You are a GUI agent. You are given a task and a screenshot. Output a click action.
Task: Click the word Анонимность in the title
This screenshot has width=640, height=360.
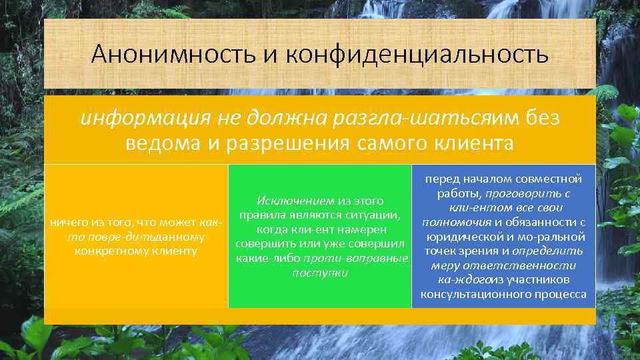(173, 53)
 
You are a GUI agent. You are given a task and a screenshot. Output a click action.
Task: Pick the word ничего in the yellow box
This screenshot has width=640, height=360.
(63, 222)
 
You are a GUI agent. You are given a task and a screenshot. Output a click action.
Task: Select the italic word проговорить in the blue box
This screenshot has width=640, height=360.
(523, 193)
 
